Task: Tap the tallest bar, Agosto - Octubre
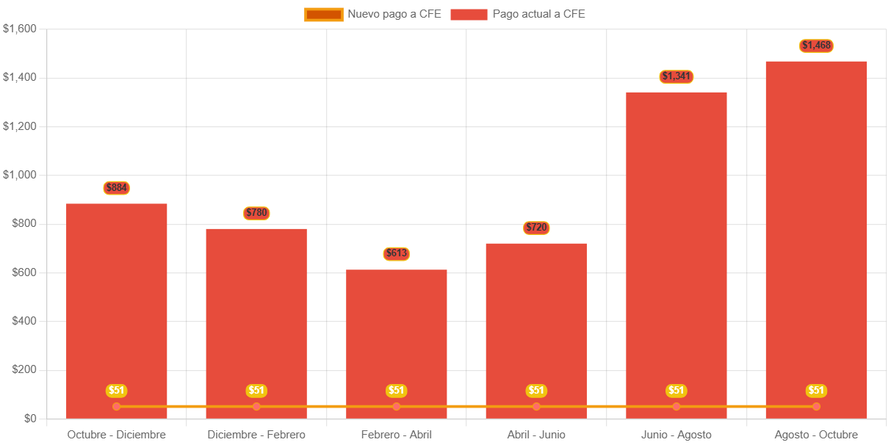(816, 220)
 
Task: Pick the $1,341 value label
(677, 76)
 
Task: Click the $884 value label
(117, 188)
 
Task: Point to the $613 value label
(397, 254)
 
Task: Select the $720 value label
(536, 228)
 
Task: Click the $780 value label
(256, 213)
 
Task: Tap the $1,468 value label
(816, 46)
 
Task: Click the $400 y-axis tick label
(24, 321)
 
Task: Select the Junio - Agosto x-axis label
(677, 435)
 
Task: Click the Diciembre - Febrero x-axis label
(256, 435)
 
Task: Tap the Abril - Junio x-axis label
(536, 435)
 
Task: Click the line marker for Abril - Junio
(536, 406)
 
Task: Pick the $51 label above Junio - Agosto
(677, 391)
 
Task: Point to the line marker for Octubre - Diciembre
(117, 406)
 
